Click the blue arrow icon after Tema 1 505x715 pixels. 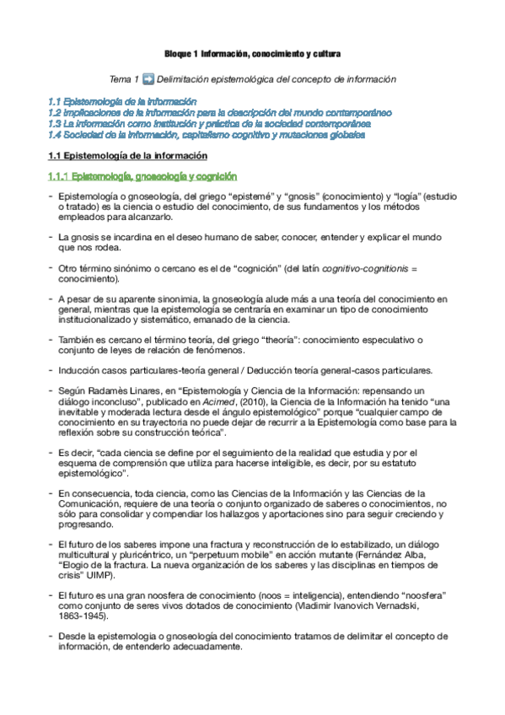point(148,79)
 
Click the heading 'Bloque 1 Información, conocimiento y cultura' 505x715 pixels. point(252,55)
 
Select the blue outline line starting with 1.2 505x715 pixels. point(220,112)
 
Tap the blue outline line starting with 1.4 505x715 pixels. point(207,134)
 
